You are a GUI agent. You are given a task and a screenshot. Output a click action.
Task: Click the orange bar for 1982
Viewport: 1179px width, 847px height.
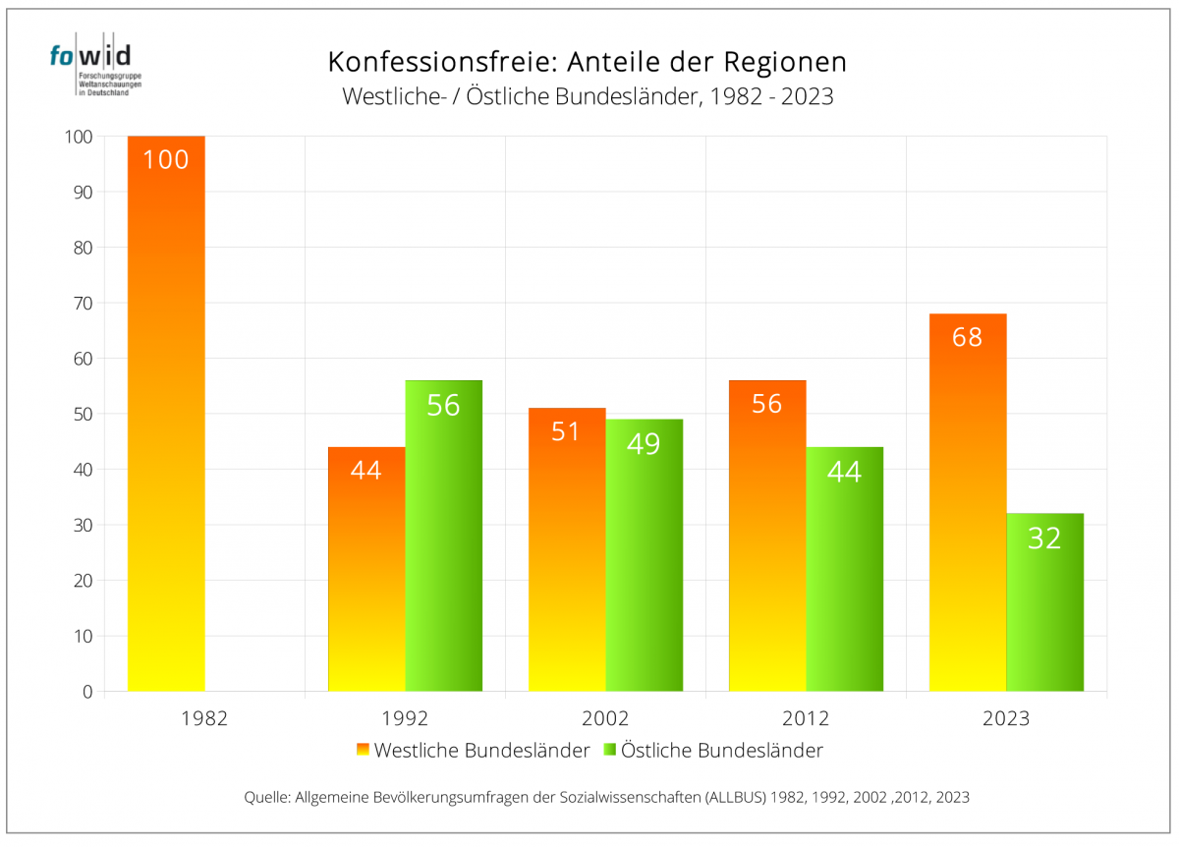[166, 413]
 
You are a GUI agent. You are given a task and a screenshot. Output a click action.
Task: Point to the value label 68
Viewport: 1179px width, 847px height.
[967, 337]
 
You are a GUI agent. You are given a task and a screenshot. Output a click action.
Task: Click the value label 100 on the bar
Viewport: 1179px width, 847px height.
[166, 159]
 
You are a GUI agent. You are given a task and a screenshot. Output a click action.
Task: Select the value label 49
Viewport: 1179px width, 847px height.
[644, 444]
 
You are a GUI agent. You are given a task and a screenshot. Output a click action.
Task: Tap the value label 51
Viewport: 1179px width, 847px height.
[566, 431]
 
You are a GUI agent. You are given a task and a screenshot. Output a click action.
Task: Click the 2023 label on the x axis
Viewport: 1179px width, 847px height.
[1006, 718]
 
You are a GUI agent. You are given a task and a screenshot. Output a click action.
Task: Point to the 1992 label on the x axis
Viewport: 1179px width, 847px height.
[405, 718]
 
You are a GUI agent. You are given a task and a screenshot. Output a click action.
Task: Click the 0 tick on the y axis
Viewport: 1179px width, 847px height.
[86, 692]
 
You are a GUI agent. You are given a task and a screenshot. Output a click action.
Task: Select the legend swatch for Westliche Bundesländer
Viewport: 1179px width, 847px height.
[363, 750]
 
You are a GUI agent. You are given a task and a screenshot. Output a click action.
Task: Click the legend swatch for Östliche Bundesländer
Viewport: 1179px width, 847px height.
[609, 750]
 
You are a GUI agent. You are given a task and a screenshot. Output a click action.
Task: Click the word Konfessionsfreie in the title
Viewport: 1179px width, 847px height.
[438, 62]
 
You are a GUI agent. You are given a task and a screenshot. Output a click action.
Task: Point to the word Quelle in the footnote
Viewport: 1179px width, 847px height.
[265, 798]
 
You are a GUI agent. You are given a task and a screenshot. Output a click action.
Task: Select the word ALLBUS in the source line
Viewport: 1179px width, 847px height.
[736, 798]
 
